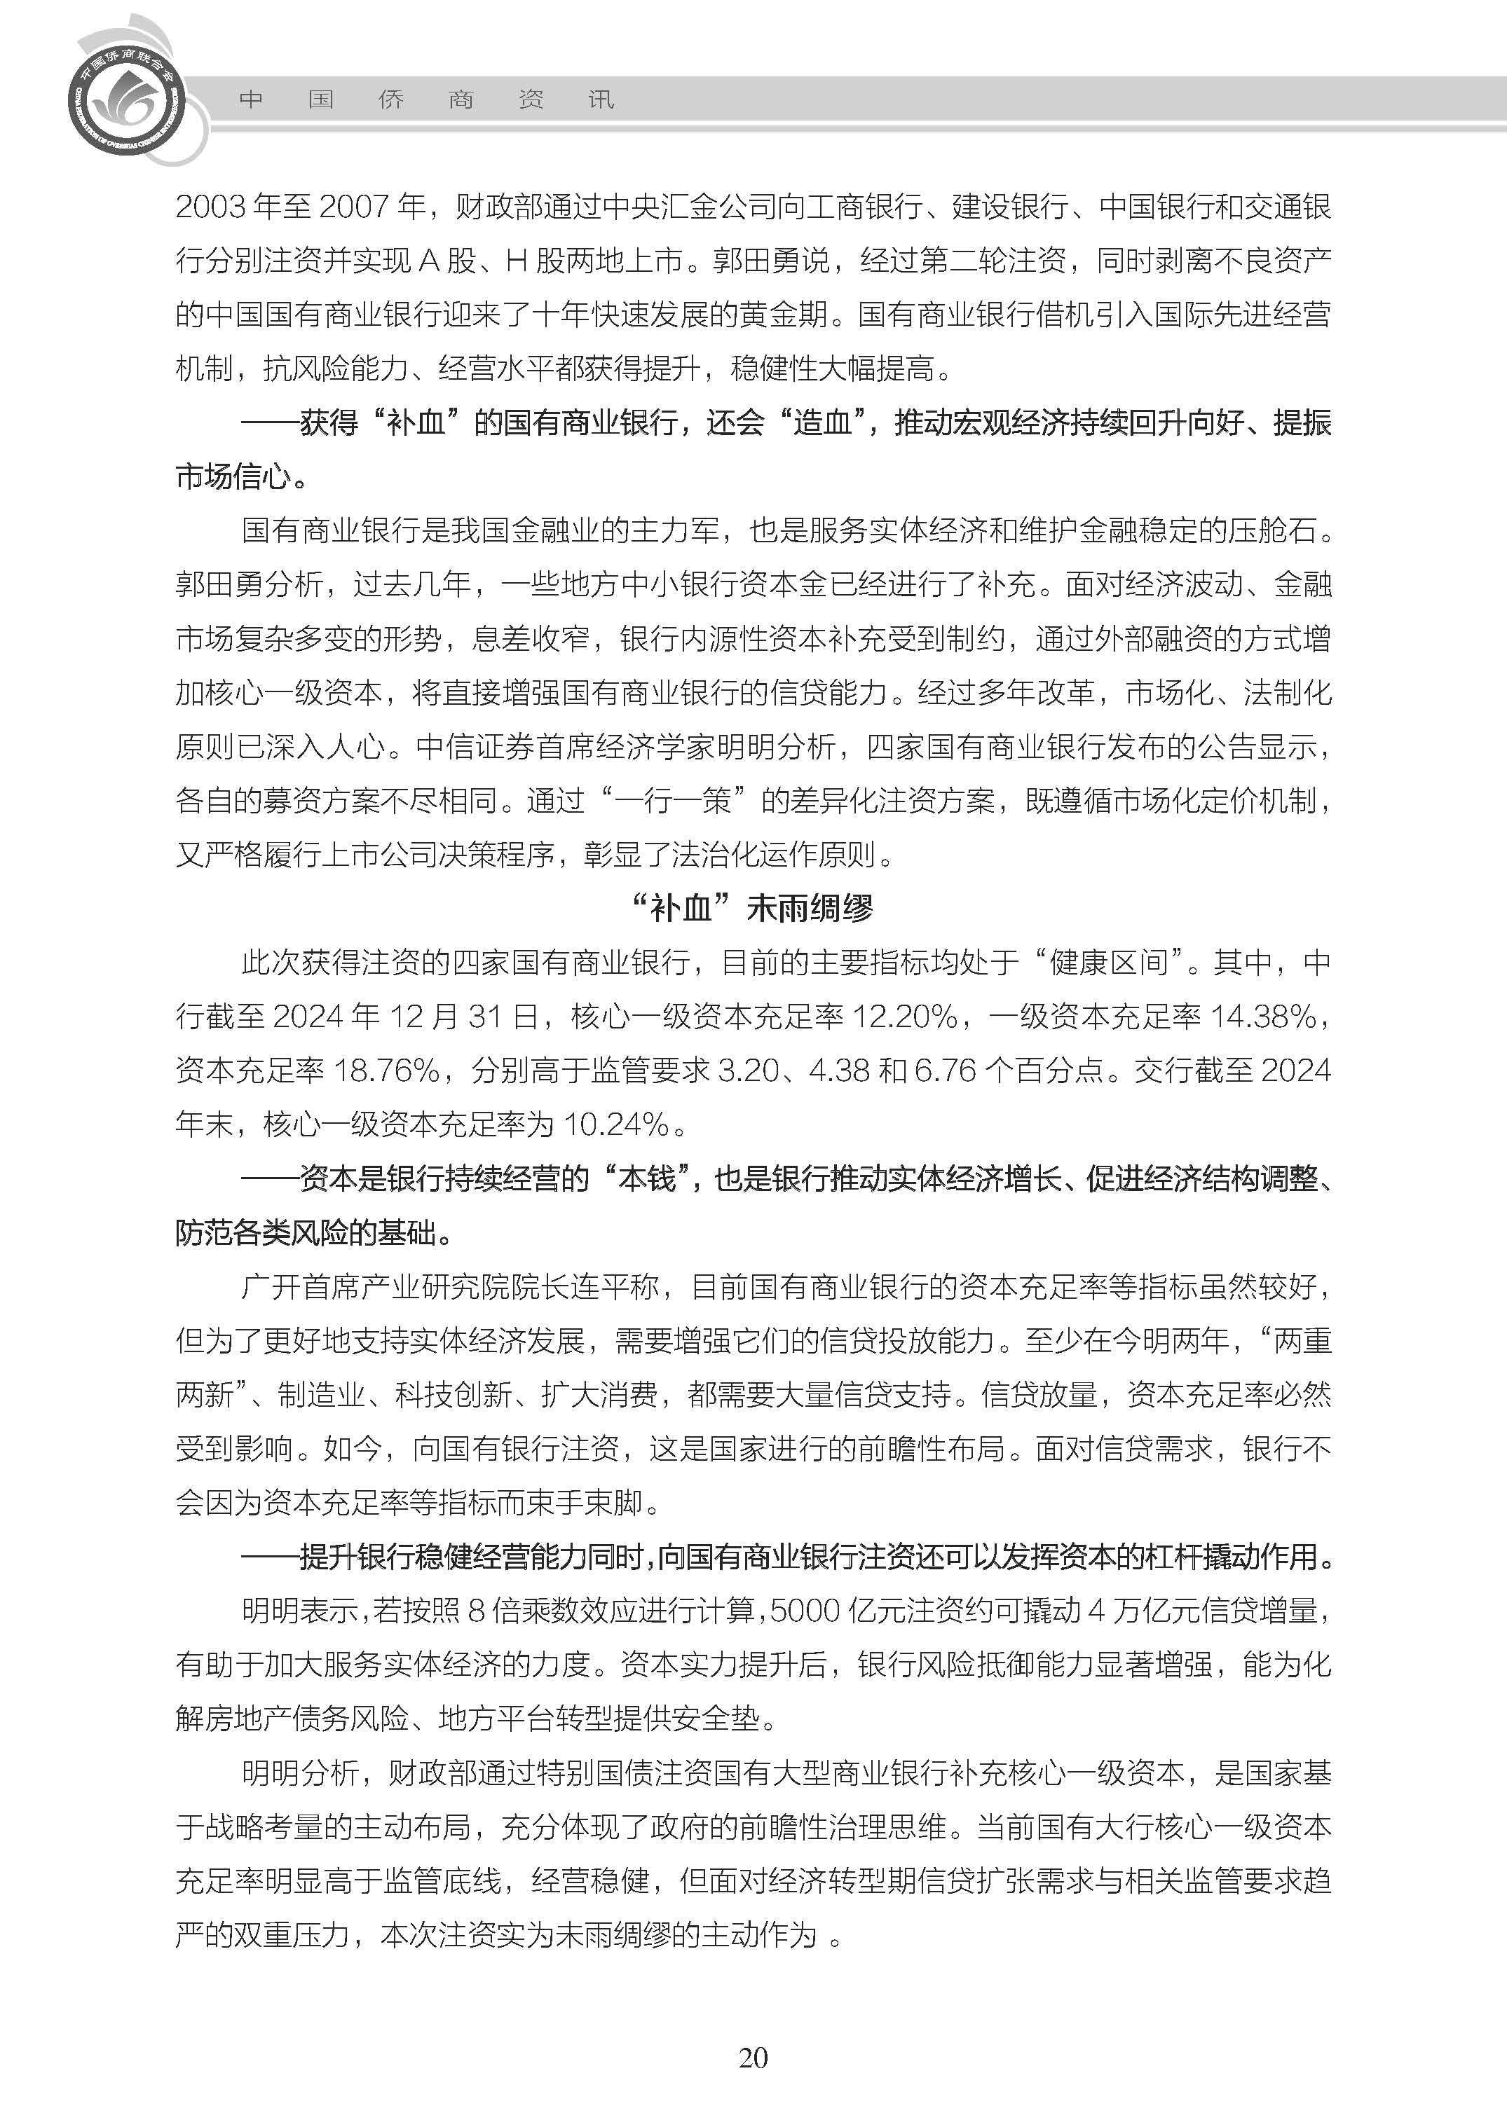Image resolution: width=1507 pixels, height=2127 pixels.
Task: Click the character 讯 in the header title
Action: tap(601, 99)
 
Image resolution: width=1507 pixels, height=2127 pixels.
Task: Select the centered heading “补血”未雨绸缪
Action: tap(753, 908)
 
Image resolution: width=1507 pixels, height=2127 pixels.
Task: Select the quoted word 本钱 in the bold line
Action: tap(647, 1179)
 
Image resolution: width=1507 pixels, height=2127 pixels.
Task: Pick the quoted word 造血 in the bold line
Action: tap(822, 423)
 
